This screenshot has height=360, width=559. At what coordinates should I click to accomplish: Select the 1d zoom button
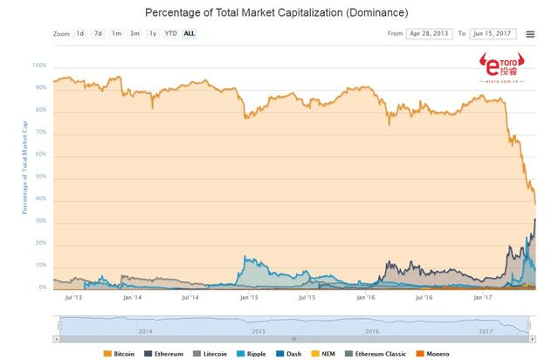[80, 33]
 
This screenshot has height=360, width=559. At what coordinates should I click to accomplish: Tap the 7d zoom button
[99, 33]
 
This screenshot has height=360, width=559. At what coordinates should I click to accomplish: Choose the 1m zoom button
[116, 33]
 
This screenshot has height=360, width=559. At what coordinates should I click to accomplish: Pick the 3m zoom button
[135, 33]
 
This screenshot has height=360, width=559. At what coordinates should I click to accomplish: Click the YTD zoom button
[171, 33]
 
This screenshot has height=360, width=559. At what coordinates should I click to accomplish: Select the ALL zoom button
[190, 33]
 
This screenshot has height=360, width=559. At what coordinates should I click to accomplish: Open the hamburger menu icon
[530, 34]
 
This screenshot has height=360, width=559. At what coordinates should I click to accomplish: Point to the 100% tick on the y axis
[39, 66]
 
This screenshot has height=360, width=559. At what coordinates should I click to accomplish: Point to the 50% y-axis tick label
[41, 177]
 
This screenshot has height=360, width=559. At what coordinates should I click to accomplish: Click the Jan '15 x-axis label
[248, 297]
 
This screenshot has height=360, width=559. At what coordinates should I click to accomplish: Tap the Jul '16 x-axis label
[423, 297]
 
